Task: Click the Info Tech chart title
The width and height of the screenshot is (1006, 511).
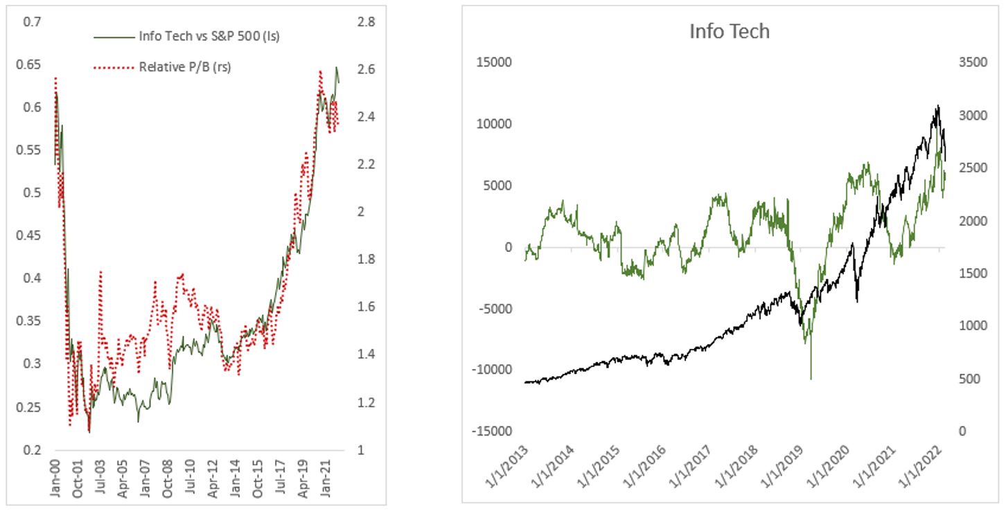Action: tap(729, 31)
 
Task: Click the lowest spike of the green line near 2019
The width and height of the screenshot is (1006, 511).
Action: tap(811, 379)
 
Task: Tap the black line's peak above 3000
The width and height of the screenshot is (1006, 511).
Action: tap(937, 106)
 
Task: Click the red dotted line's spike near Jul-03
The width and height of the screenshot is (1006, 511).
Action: tap(101, 272)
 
